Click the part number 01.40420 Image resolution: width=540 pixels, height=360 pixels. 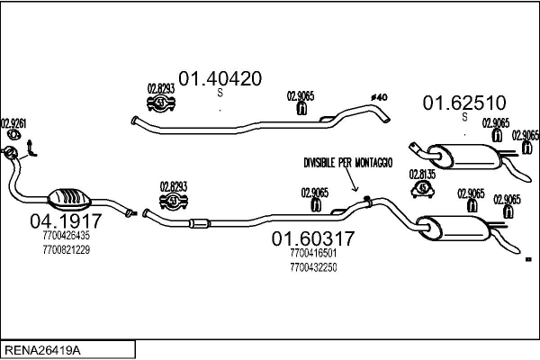point(220,78)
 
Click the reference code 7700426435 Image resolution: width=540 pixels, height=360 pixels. point(66,236)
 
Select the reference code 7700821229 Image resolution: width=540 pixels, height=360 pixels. point(66,249)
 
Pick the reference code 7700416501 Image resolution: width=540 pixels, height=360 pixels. point(313,254)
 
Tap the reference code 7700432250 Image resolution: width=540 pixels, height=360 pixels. point(313,267)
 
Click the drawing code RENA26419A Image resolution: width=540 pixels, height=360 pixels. point(44,348)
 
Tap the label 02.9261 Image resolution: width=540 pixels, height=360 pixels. point(13,123)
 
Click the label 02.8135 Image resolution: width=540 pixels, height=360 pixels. point(422,173)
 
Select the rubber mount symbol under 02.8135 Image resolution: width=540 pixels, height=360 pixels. point(422,188)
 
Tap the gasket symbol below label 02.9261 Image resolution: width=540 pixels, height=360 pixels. point(13,137)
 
